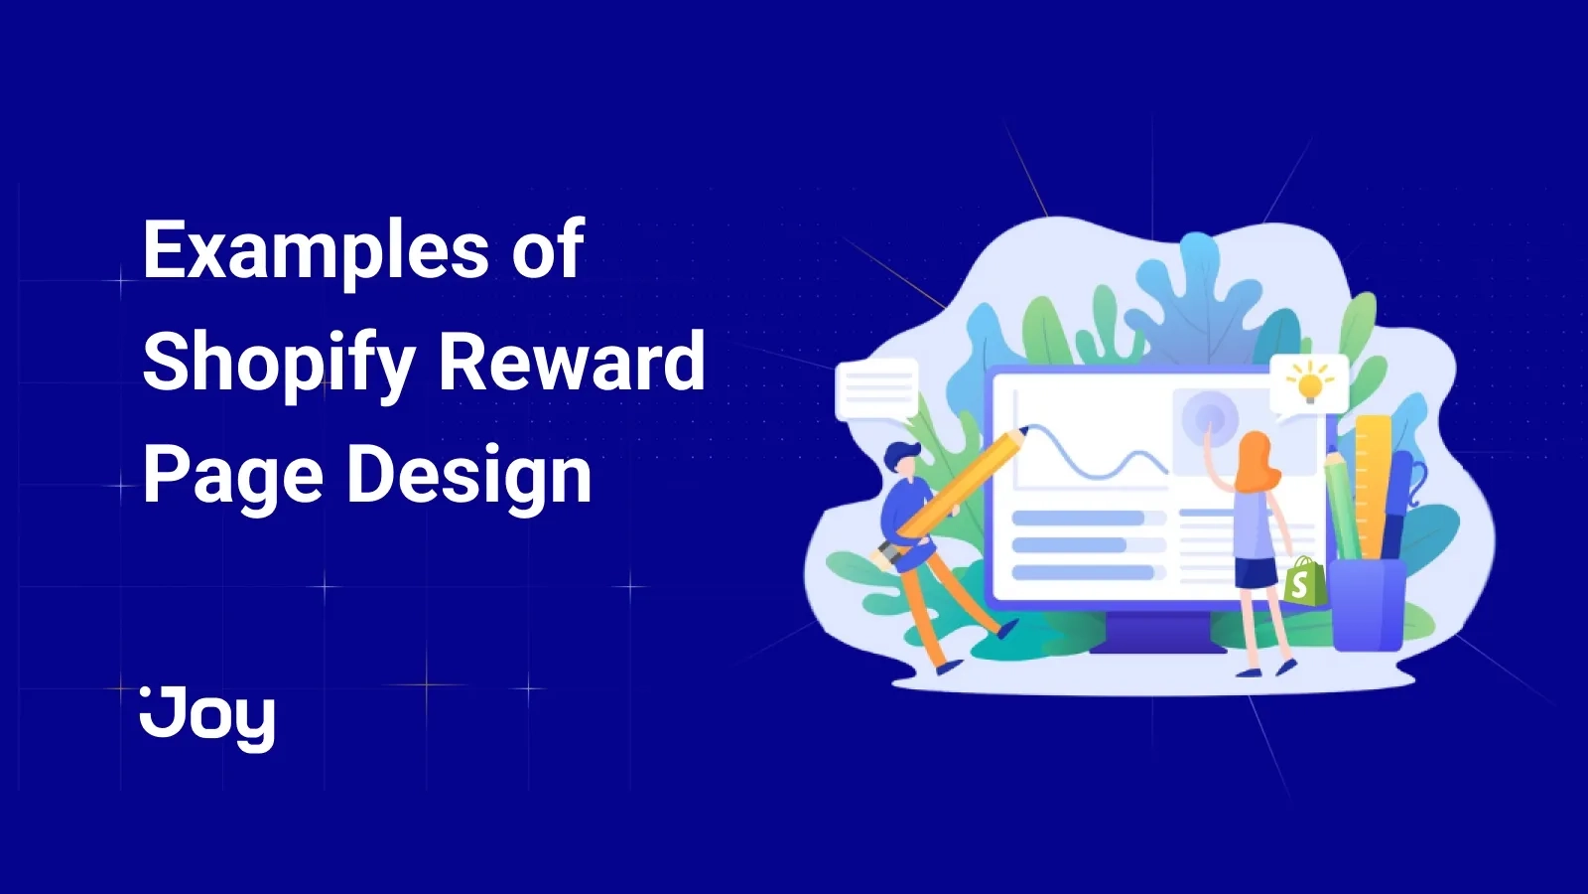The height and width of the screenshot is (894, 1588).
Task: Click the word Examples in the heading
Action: tap(316, 250)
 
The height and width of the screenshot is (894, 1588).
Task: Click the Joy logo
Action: tap(207, 715)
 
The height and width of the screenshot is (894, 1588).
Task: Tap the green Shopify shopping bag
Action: tap(1303, 583)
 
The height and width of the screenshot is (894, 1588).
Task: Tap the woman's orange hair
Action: tap(1257, 461)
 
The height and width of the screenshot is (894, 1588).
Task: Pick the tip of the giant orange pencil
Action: tap(1021, 433)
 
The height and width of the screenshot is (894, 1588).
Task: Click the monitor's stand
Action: tap(1156, 632)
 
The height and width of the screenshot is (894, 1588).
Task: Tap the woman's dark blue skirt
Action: tap(1257, 573)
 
